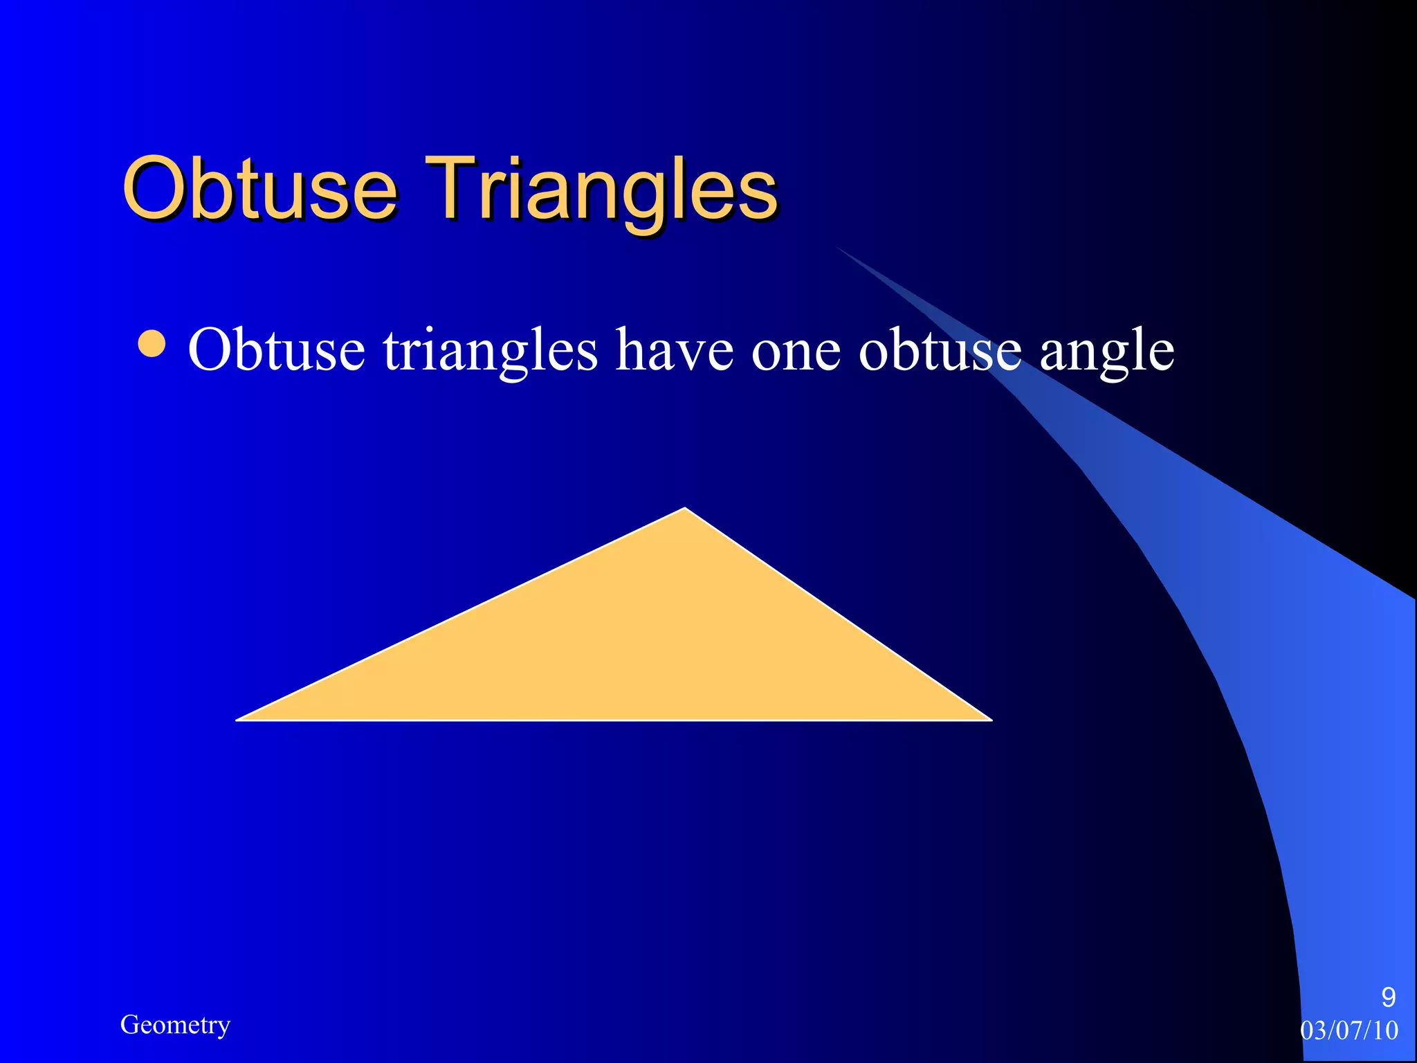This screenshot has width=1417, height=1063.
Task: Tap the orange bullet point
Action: click(152, 345)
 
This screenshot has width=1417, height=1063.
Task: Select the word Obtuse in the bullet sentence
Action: click(276, 349)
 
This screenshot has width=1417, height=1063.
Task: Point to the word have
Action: click(674, 349)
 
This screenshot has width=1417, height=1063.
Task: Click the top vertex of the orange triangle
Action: click(684, 509)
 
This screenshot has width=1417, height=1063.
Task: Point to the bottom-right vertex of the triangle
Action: click(990, 720)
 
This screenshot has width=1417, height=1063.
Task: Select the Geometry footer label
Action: click(175, 1025)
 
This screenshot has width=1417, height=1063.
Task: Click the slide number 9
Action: click(1388, 997)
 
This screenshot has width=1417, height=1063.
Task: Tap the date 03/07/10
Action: click(1349, 1030)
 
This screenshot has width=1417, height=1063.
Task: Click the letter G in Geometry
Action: click(129, 1024)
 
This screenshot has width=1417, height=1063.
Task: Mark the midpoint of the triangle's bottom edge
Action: click(614, 720)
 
